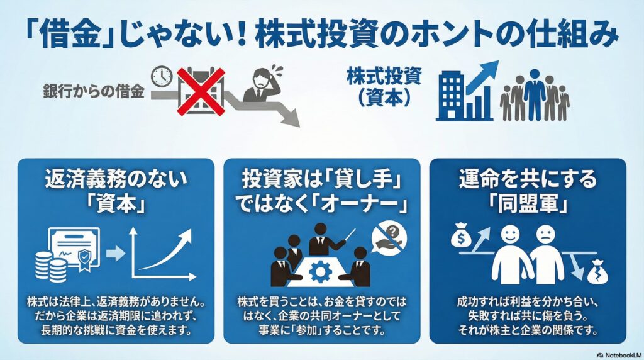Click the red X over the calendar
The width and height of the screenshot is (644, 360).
[201, 91]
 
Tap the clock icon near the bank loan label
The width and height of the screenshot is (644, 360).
[162, 76]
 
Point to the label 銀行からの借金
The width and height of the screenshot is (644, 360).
[94, 91]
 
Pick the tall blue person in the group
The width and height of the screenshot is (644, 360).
[535, 94]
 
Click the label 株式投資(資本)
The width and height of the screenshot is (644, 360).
[384, 87]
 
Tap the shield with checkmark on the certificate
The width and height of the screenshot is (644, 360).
[84, 259]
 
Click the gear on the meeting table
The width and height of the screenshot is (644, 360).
[320, 271]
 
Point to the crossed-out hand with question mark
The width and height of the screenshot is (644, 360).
[389, 239]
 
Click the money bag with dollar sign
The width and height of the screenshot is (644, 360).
[460, 235]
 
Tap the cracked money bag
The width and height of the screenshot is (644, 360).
[597, 273]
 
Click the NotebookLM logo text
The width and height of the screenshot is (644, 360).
[619, 355]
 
